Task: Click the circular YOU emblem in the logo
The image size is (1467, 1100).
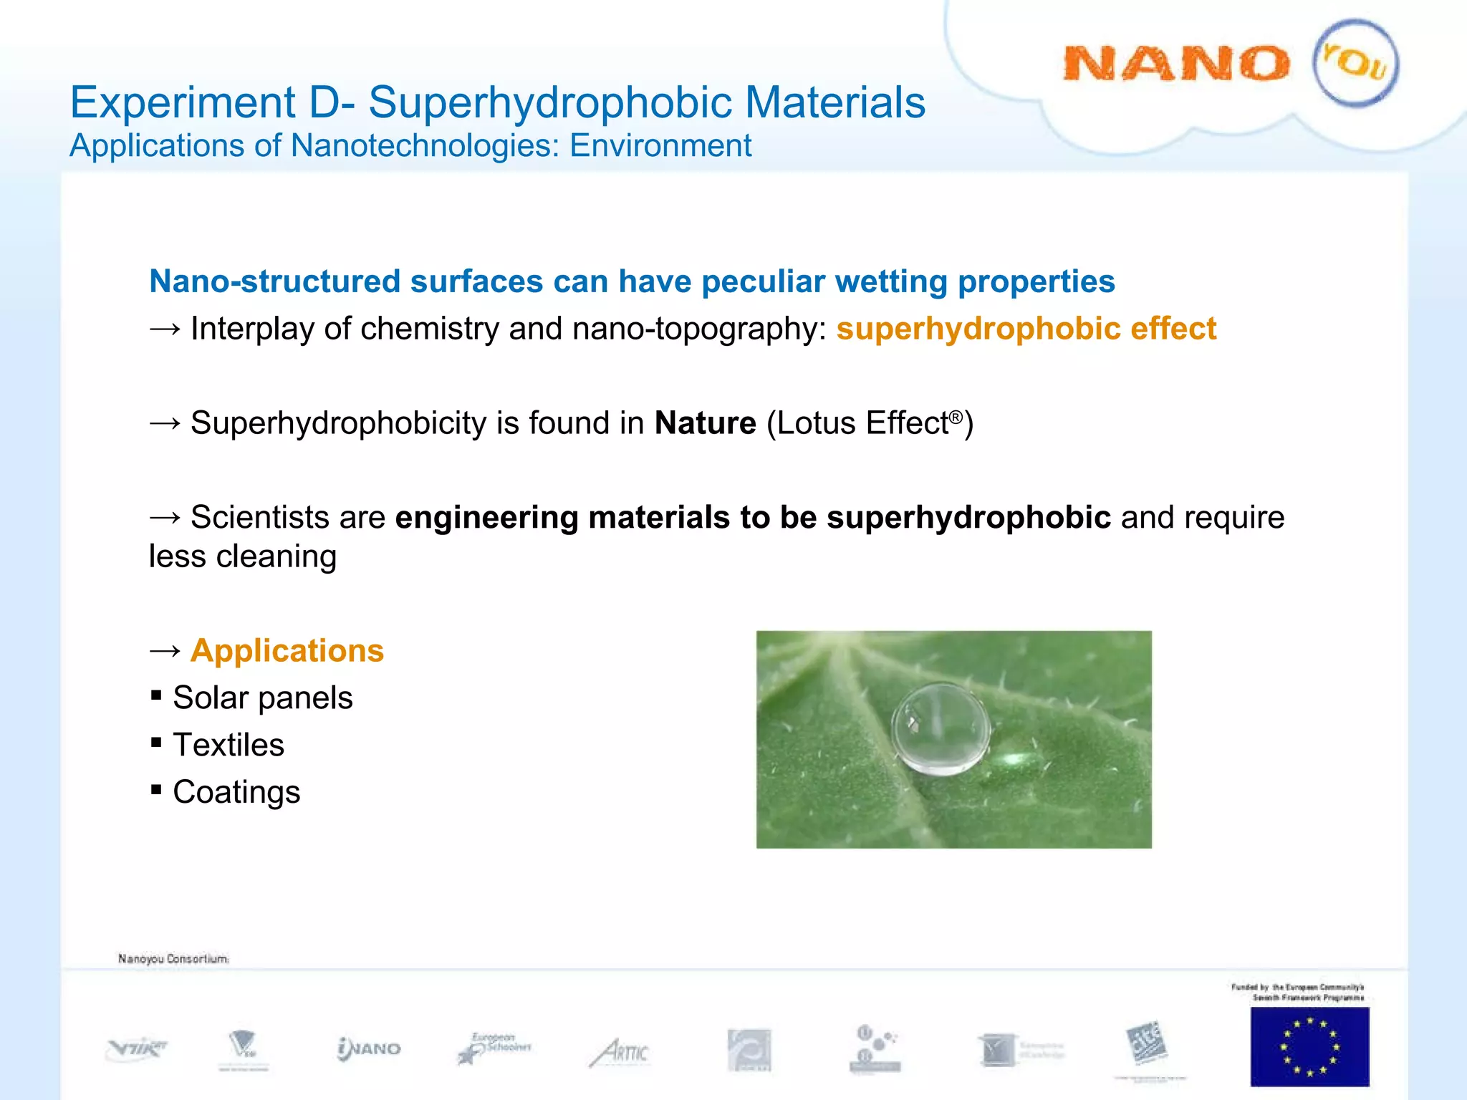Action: [x=1355, y=63]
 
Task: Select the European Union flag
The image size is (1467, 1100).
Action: [x=1309, y=1046]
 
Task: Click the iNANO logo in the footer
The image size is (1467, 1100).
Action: [x=369, y=1048]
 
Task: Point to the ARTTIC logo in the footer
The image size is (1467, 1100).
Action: [x=620, y=1052]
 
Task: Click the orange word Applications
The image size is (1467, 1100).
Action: [x=287, y=650]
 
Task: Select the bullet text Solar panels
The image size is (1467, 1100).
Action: [x=262, y=698]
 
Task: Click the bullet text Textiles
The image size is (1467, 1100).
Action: [x=229, y=745]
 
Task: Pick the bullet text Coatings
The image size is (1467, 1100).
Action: [x=236, y=792]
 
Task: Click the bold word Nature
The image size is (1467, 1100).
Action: [x=705, y=423]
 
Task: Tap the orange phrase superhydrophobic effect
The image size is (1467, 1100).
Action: [x=1026, y=329]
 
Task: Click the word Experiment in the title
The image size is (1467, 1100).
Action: [x=183, y=102]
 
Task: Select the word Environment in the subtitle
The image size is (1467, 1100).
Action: [x=660, y=145]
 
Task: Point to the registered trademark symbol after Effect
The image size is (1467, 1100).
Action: [x=956, y=416]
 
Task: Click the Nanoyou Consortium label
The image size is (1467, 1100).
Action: [x=173, y=958]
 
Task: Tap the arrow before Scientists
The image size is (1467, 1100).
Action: [x=165, y=517]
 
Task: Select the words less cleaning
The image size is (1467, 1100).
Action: [x=242, y=556]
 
